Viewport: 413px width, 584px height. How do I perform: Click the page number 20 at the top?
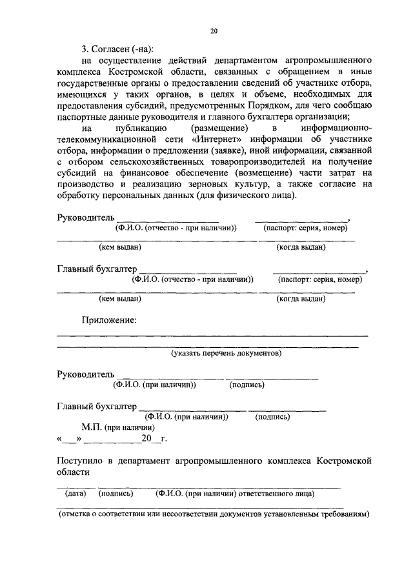[x=214, y=30]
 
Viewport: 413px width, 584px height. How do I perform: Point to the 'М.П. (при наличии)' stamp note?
[x=118, y=427]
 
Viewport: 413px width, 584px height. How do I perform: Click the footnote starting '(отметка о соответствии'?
[x=214, y=515]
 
